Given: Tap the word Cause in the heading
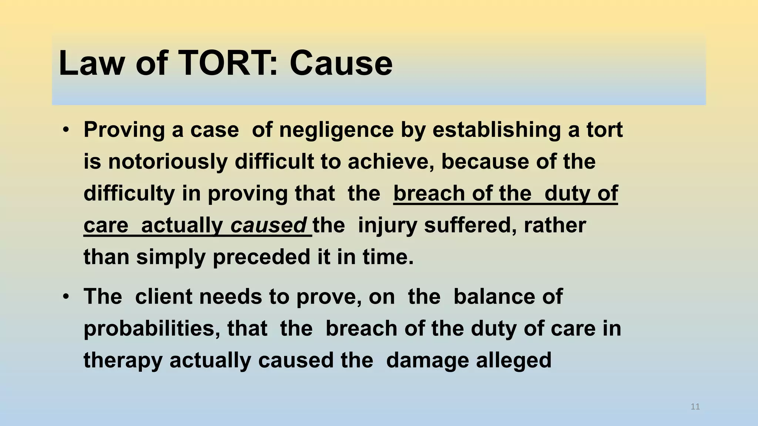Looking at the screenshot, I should pyautogui.click(x=341, y=64).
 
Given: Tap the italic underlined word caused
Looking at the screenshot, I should pyautogui.click(x=268, y=226).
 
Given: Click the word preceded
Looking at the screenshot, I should pyautogui.click(x=261, y=257).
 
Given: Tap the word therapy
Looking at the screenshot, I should pyautogui.click(x=123, y=361).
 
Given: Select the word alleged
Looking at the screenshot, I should pyautogui.click(x=514, y=361).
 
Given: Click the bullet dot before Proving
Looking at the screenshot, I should pyautogui.click(x=66, y=130).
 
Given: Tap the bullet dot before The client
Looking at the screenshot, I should pyautogui.click(x=66, y=297).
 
